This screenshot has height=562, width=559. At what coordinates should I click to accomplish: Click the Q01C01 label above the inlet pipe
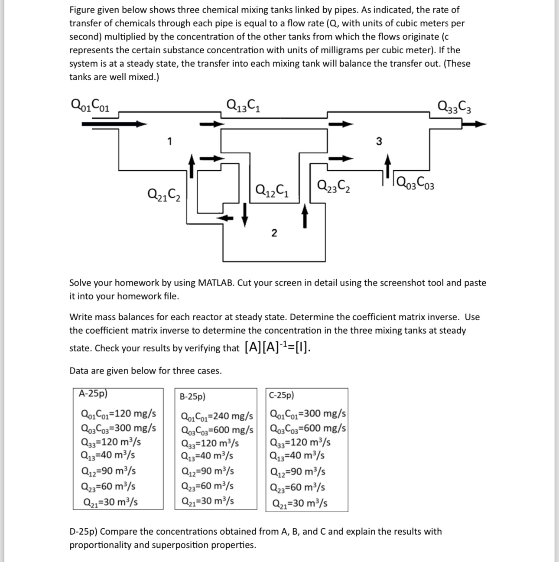click(90, 105)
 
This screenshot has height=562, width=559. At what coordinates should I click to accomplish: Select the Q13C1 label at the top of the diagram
click(243, 105)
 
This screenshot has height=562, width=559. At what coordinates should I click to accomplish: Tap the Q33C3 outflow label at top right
click(455, 106)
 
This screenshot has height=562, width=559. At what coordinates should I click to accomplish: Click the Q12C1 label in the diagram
click(272, 190)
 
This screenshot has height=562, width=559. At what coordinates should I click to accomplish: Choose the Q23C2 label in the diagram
click(334, 186)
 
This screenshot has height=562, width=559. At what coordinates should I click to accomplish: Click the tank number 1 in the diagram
click(169, 141)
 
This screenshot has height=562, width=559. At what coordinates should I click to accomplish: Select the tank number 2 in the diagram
click(273, 233)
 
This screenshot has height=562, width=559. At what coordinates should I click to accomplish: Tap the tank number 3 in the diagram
click(379, 142)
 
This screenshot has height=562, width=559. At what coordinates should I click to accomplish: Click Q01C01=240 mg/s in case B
click(217, 417)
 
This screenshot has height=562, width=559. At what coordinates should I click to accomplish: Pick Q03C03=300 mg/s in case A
click(118, 428)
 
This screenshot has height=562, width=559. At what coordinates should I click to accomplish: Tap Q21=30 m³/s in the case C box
click(299, 504)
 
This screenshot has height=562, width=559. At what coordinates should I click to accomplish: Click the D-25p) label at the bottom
click(83, 531)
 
